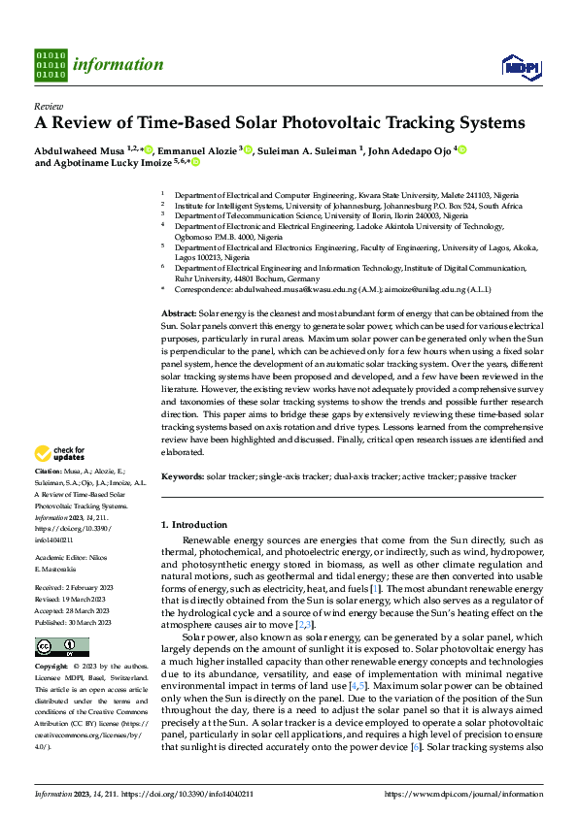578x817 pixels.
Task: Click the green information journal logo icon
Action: [x=51, y=65]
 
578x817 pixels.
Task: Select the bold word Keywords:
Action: [x=183, y=477]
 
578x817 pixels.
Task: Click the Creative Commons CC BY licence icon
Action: [x=49, y=647]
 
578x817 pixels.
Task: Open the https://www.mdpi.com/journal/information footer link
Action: [x=464, y=794]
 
